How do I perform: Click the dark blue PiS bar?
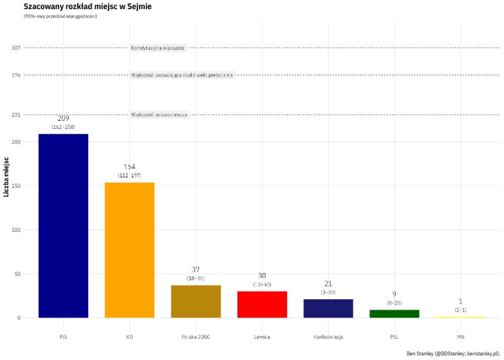click(x=63, y=225)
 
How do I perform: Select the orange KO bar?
click(x=129, y=250)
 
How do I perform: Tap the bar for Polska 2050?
click(x=196, y=301)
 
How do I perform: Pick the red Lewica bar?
click(x=262, y=304)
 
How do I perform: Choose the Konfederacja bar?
click(x=328, y=308)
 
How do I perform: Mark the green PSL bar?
click(x=394, y=313)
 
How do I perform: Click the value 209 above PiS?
click(x=63, y=118)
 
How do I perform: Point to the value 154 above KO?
click(x=129, y=167)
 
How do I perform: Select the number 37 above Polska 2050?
click(x=196, y=270)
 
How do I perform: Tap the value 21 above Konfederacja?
click(x=328, y=284)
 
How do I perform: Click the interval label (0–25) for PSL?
click(x=394, y=302)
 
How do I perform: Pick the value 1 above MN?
click(x=460, y=301)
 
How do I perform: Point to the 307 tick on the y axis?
click(x=16, y=48)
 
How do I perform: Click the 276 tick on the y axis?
click(x=16, y=75)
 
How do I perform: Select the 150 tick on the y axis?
click(x=16, y=186)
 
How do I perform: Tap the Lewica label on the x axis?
click(x=262, y=336)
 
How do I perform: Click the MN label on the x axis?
click(x=460, y=336)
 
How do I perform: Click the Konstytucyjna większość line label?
click(x=158, y=48)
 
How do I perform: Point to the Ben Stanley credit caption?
click(x=454, y=353)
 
